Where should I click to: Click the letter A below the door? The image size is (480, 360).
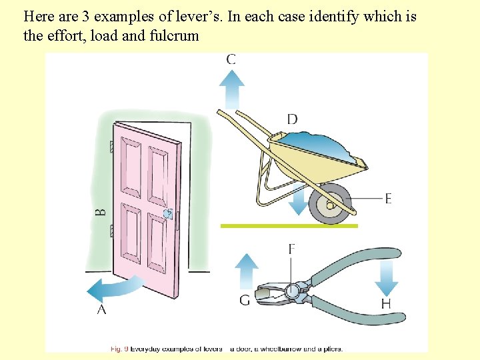102,310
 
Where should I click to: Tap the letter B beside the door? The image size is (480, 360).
101,213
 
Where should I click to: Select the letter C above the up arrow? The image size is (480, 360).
231,59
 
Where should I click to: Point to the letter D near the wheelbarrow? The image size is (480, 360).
292,119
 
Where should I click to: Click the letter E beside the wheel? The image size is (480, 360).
388,198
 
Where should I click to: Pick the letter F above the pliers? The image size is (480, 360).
291,249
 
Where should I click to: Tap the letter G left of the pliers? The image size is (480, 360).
245,301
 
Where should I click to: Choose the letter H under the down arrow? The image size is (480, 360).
386,304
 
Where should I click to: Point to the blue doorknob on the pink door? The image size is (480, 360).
168,214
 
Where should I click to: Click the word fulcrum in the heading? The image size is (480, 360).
176,35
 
